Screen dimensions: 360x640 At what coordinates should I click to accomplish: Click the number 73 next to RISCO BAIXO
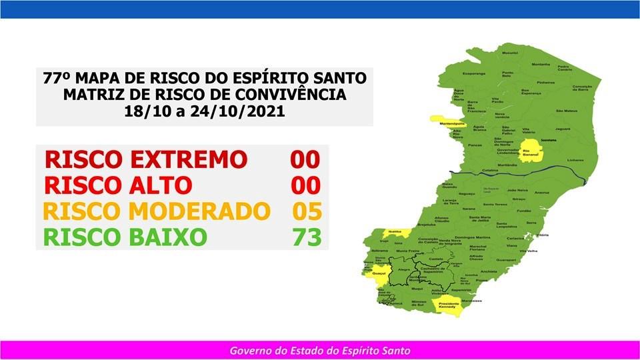click(307, 237)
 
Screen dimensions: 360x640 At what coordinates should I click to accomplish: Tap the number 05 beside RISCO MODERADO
click(307, 211)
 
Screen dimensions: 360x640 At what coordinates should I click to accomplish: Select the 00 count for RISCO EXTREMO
click(305, 160)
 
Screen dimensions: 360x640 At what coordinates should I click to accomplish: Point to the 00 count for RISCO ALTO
click(305, 185)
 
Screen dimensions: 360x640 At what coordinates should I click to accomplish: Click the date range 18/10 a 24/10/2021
click(204, 111)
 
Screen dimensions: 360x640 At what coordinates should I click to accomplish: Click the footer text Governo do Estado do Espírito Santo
click(320, 350)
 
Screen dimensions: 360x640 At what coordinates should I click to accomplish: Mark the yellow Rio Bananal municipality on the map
click(531, 151)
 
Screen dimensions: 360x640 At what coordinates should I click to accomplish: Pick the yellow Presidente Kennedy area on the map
click(448, 305)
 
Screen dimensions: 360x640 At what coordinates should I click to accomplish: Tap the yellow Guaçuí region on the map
click(378, 273)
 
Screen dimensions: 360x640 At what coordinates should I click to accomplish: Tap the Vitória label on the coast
click(543, 235)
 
